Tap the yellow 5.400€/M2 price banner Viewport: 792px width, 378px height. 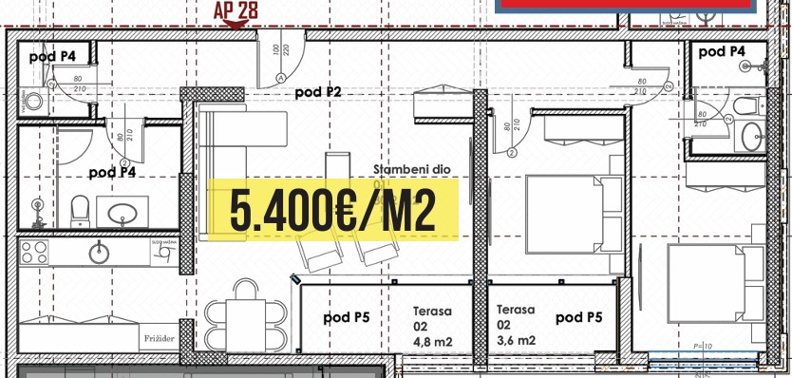(332, 209)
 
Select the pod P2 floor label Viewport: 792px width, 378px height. (317, 92)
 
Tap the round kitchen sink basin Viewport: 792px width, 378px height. (98, 252)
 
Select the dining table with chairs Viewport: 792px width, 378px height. (245, 323)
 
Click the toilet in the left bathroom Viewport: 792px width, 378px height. (80, 207)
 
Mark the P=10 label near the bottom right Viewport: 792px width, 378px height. (704, 347)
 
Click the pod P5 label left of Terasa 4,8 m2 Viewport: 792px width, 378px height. (346, 317)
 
